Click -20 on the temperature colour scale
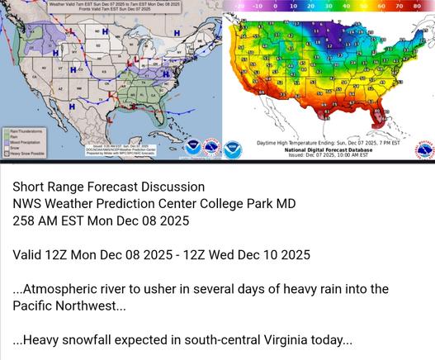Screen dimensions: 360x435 coord(239,5)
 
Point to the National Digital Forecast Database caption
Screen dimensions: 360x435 coord(328,149)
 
